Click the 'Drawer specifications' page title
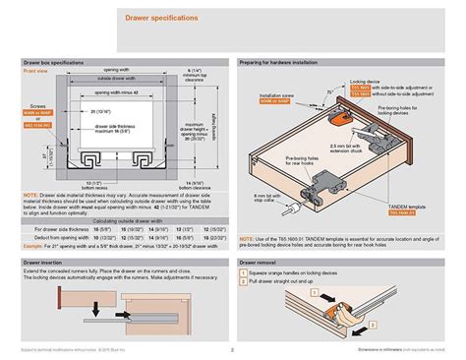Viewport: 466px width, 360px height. [x=160, y=18]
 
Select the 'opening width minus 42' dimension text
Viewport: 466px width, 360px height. [x=117, y=91]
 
